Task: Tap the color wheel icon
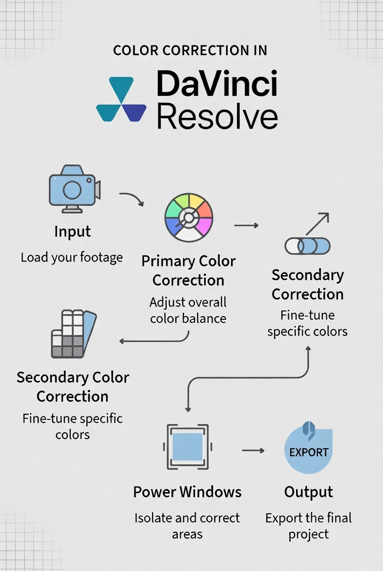189,218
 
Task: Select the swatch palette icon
74,334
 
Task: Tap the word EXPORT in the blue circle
309,452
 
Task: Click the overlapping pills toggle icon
307,245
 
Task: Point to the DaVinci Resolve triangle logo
121,99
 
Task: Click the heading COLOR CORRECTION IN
190,51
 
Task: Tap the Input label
73,232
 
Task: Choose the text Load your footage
72,257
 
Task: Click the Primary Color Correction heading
189,271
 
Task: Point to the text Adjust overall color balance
188,310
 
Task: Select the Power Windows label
187,492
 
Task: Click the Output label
309,492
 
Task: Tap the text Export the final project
308,526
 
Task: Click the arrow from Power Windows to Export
253,450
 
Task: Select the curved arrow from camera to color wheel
131,198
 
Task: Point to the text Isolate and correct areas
187,526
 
